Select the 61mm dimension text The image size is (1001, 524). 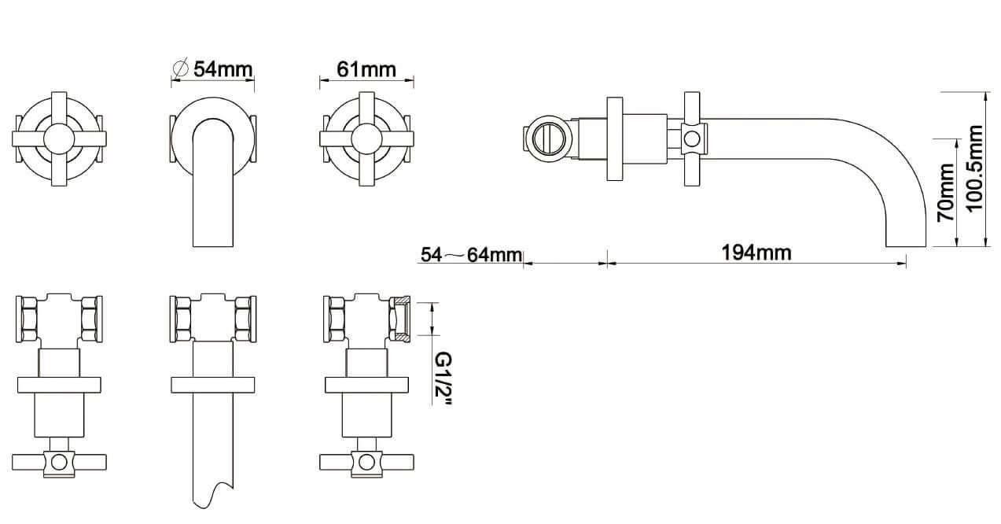click(x=366, y=69)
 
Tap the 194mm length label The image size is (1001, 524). click(x=756, y=253)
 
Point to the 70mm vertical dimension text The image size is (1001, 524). click(x=946, y=192)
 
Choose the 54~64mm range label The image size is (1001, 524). click(x=471, y=254)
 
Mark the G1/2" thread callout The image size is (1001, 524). click(x=443, y=378)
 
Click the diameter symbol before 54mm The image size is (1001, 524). click(x=180, y=68)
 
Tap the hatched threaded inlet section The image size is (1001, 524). click(x=400, y=319)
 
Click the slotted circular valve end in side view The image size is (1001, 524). click(x=549, y=138)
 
